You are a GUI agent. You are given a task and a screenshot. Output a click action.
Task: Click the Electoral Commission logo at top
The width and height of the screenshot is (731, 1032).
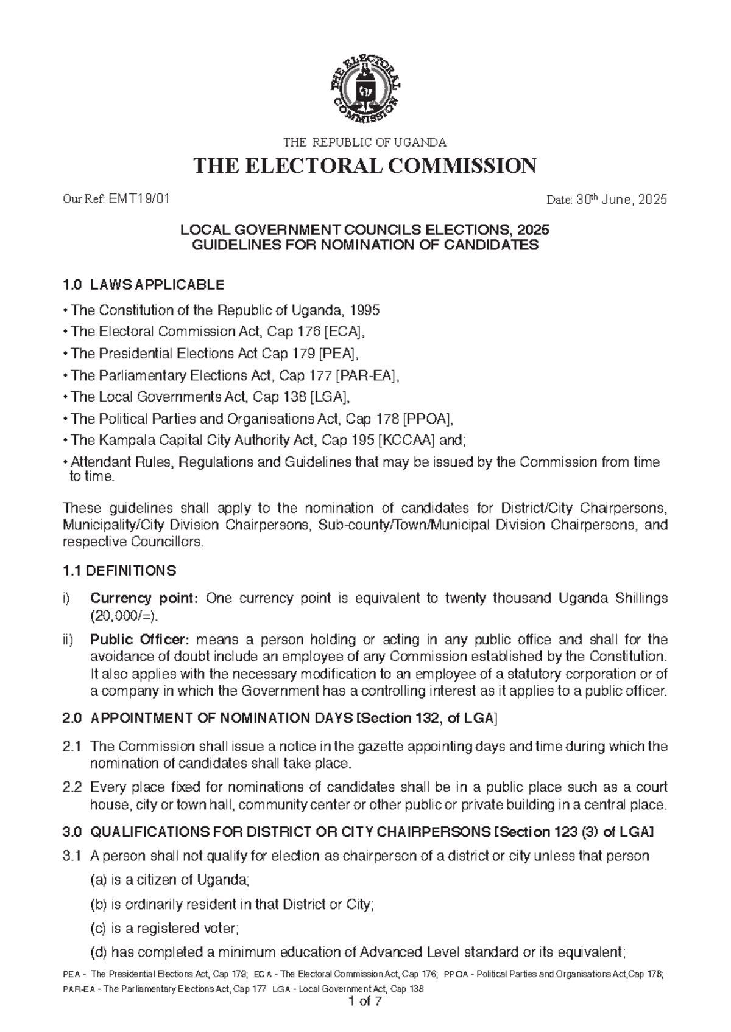pyautogui.click(x=365, y=89)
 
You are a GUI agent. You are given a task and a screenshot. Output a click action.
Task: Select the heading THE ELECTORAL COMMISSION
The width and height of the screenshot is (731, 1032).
pyautogui.click(x=365, y=166)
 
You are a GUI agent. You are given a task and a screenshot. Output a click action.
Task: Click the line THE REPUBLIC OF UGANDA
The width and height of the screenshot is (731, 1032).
pyautogui.click(x=365, y=143)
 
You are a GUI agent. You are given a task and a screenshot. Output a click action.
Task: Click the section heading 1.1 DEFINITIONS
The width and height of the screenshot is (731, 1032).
pyautogui.click(x=119, y=571)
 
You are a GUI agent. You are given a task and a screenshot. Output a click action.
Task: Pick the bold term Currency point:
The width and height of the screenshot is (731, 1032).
pyautogui.click(x=144, y=599)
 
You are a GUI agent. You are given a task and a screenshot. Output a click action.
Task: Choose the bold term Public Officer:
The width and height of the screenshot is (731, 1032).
pyautogui.click(x=140, y=640)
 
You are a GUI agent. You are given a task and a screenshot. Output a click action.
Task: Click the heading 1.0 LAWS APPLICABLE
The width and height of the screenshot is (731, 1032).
pyautogui.click(x=143, y=285)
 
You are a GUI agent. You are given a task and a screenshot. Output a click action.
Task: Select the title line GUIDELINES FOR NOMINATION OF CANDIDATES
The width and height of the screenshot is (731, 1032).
pyautogui.click(x=365, y=245)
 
